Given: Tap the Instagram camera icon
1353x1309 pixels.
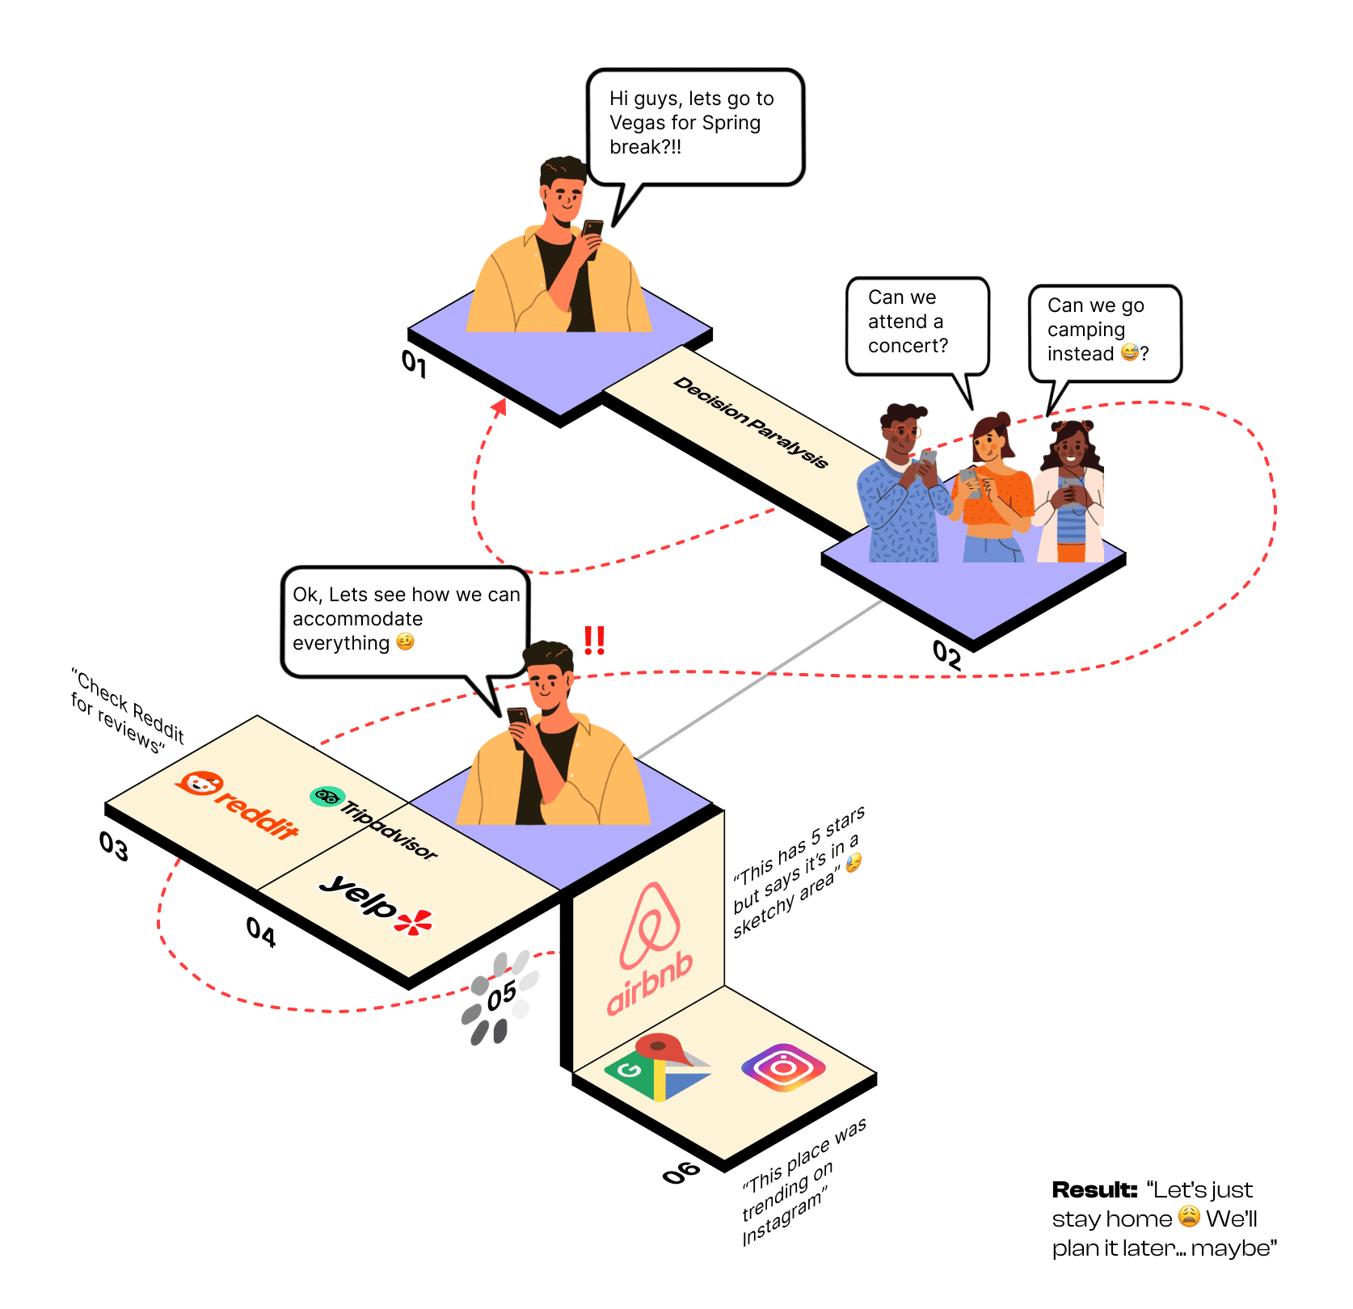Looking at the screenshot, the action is (782, 1067).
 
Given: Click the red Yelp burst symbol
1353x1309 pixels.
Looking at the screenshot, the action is (414, 922).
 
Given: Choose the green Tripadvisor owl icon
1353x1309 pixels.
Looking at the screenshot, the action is (327, 797).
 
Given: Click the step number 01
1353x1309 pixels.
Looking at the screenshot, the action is (414, 363).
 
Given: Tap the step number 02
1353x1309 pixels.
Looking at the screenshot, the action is (947, 654).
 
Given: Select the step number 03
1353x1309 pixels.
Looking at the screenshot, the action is (114, 846).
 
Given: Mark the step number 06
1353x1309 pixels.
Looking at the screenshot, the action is (681, 1172).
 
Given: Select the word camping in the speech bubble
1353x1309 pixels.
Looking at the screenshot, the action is (1085, 330).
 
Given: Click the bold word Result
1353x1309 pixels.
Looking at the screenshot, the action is (1094, 1189).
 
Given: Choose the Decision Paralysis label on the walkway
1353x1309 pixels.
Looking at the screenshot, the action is (751, 422).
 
